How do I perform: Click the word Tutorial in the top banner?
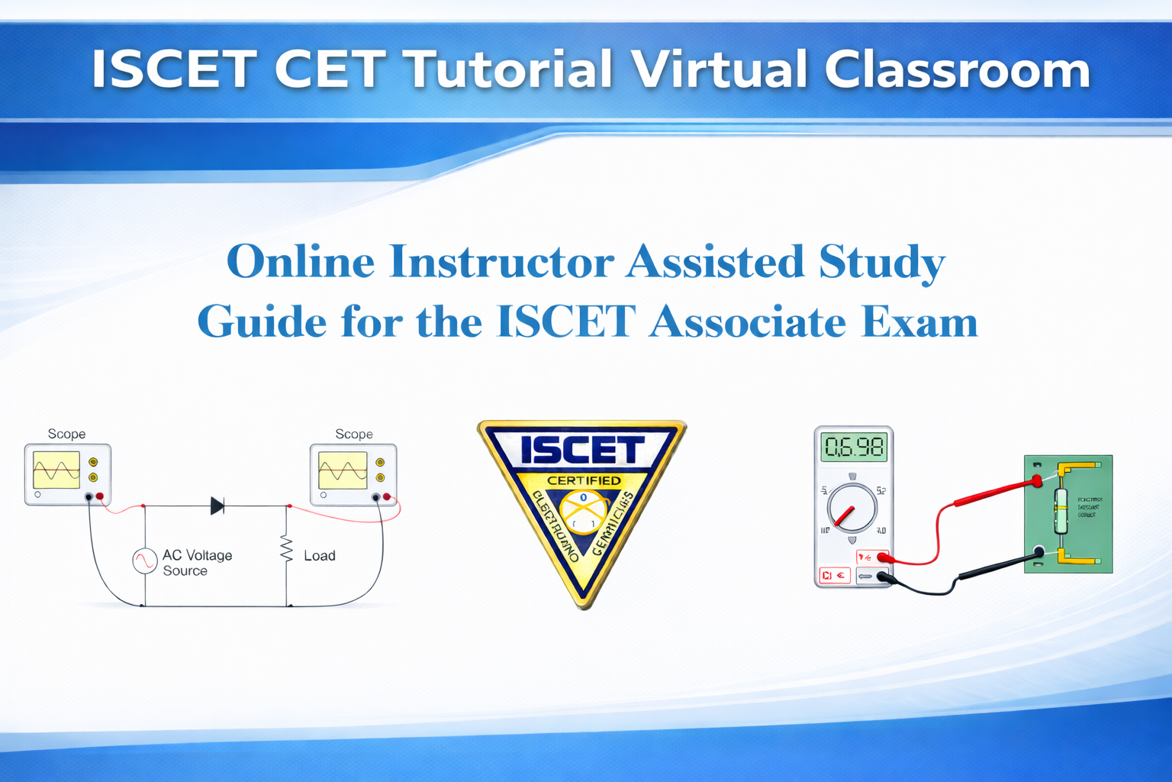[x=508, y=69]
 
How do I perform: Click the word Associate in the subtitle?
[x=748, y=322]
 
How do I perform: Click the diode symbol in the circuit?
[x=217, y=506]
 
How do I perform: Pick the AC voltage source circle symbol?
[x=145, y=561]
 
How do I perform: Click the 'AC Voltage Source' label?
[x=197, y=563]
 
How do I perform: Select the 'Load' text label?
[x=320, y=556]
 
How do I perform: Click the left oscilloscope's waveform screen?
[x=56, y=470]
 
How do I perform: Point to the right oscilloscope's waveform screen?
[x=343, y=470]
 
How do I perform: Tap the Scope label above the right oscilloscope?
[x=354, y=434]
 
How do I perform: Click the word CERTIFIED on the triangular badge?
[x=584, y=480]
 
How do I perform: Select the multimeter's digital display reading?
[x=854, y=447]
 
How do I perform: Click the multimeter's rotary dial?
[x=852, y=508]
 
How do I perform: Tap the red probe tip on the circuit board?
[x=1037, y=481]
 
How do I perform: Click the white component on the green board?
[x=1061, y=511]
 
